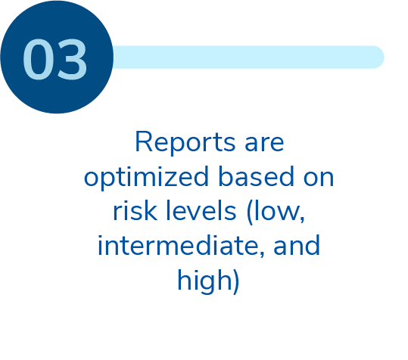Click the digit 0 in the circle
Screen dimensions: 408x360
[39, 59]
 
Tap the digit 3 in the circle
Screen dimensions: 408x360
[72, 59]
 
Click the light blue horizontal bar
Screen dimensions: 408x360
[248, 57]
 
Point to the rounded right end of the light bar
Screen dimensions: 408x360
[384, 57]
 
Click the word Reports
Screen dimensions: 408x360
[185, 142]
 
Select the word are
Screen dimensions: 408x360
[264, 144]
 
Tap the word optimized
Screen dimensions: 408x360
[146, 177]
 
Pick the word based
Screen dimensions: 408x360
[257, 176]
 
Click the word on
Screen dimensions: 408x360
[319, 178]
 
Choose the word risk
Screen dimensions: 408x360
[135, 210]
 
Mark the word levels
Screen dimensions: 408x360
[201, 210]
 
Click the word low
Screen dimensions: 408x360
[277, 210]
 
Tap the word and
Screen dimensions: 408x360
[297, 245]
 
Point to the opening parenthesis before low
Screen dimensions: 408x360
[249, 212]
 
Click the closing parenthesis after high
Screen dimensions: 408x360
[236, 282]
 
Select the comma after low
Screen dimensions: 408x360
[302, 219]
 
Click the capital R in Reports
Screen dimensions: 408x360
[143, 141]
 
